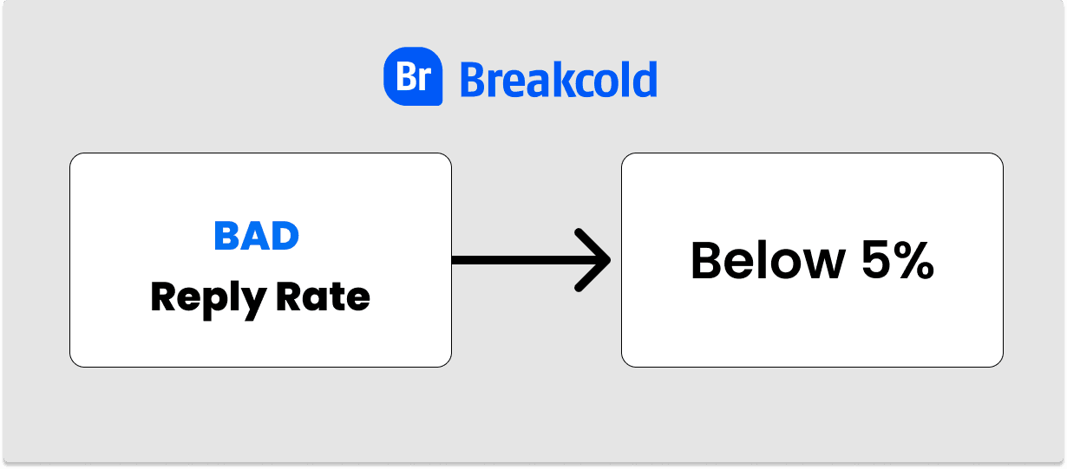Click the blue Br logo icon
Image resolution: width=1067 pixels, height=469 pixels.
click(413, 76)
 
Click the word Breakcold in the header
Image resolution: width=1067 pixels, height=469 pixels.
click(559, 80)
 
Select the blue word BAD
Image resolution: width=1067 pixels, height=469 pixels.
click(257, 236)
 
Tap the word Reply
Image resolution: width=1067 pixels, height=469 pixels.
click(208, 298)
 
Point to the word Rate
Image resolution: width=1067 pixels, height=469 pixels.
click(323, 296)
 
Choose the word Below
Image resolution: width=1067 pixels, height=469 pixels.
click(768, 260)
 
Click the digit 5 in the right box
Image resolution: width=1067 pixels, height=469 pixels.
click(876, 260)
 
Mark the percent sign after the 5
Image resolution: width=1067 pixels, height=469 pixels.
click(914, 260)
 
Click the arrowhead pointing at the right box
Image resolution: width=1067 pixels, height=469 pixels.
click(592, 260)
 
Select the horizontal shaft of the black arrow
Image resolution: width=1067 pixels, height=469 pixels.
click(530, 260)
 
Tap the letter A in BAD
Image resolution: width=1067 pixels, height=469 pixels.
click(257, 236)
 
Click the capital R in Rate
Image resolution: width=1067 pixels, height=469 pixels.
click(289, 296)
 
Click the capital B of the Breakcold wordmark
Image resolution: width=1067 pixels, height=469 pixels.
click(474, 80)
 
